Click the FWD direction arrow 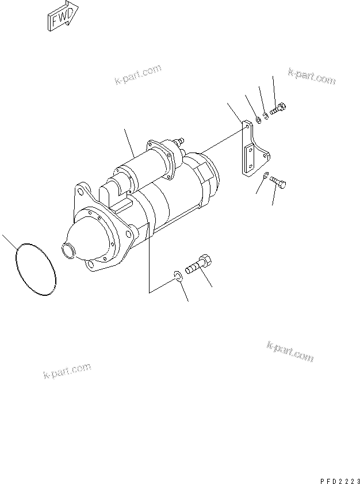[62, 18]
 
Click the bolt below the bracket [279, 183]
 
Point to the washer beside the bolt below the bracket [265, 176]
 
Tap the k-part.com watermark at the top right [310, 76]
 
